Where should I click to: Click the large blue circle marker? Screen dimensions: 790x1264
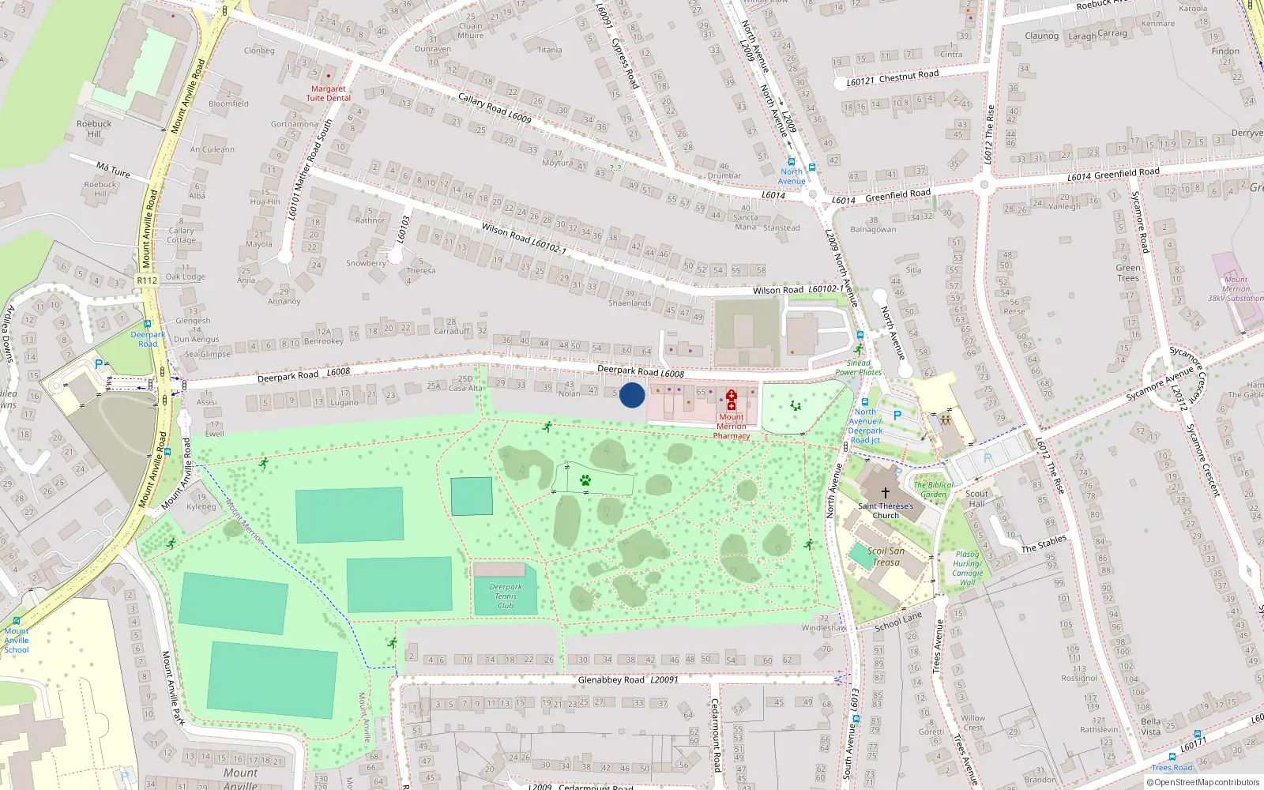pyautogui.click(x=631, y=395)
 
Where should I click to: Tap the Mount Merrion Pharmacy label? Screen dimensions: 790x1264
pyautogui.click(x=732, y=427)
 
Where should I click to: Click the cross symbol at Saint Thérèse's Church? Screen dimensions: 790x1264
pyautogui.click(x=885, y=492)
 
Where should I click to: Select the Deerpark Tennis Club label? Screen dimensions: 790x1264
pyautogui.click(x=506, y=596)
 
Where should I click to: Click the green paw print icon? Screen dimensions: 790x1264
pyautogui.click(x=585, y=480)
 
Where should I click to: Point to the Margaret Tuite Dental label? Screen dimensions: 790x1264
pyautogui.click(x=328, y=93)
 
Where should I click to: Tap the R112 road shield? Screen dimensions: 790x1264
pyautogui.click(x=147, y=280)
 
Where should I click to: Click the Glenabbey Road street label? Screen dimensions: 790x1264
pyautogui.click(x=611, y=679)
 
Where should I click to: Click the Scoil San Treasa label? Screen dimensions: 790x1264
pyautogui.click(x=886, y=557)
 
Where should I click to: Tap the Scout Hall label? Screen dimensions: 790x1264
pyautogui.click(x=977, y=498)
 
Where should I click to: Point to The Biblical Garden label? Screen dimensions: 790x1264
pyautogui.click(x=933, y=490)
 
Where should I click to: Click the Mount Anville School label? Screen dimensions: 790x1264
pyautogui.click(x=17, y=641)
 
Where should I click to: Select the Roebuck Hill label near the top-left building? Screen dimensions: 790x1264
pyautogui.click(x=94, y=129)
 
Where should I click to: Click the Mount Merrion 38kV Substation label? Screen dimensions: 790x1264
pyautogui.click(x=1236, y=289)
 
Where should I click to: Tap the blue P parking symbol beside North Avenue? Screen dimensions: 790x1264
pyautogui.click(x=897, y=415)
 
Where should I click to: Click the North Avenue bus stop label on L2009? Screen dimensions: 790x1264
pyautogui.click(x=792, y=176)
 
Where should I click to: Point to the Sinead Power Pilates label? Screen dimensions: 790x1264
pyautogui.click(x=858, y=367)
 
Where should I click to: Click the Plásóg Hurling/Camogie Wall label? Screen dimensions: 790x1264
pyautogui.click(x=967, y=568)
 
